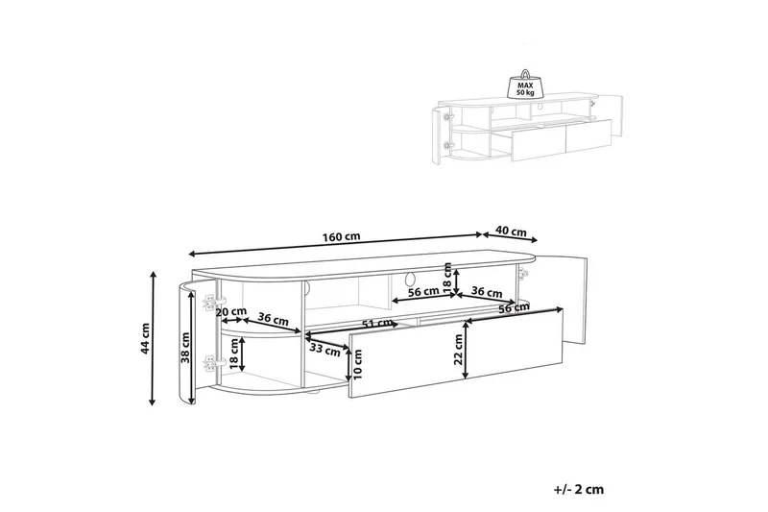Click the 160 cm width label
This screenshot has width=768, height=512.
pyautogui.click(x=341, y=236)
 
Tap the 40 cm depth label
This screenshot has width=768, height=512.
pyautogui.click(x=511, y=232)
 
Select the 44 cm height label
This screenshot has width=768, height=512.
pyautogui.click(x=144, y=338)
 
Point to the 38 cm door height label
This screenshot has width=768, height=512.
pyautogui.click(x=184, y=348)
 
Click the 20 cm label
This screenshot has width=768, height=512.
pyautogui.click(x=231, y=311)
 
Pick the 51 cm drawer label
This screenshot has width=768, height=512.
pyautogui.click(x=376, y=324)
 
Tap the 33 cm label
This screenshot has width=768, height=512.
pyautogui.click(x=325, y=351)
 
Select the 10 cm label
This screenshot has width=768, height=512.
pyautogui.click(x=357, y=364)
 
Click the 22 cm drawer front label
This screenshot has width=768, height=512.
pyautogui.click(x=458, y=349)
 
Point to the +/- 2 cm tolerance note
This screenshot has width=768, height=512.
pyautogui.click(x=579, y=489)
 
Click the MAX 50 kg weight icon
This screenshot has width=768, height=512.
pyautogui.click(x=524, y=86)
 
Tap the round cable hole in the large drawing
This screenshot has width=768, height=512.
pyautogui.click(x=409, y=280)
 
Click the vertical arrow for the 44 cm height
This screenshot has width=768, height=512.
pyautogui.click(x=154, y=338)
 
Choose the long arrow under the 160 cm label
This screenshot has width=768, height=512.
pyautogui.click(x=335, y=244)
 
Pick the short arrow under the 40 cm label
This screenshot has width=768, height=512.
pyautogui.click(x=511, y=237)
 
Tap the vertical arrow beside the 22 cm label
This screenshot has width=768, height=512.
pyautogui.click(x=466, y=349)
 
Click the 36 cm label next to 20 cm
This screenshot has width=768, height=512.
pyautogui.click(x=273, y=320)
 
